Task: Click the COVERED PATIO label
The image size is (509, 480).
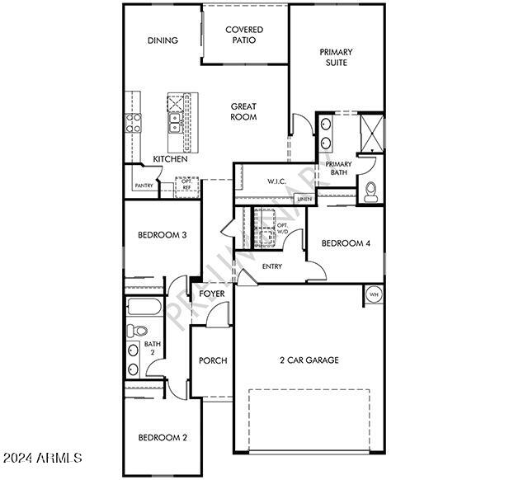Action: (244, 35)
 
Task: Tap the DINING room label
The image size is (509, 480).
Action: (163, 40)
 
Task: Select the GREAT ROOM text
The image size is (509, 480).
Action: (243, 111)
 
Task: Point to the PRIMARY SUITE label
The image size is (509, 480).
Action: (336, 57)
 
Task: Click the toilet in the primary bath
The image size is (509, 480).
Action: (370, 192)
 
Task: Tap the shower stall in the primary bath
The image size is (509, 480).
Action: (372, 133)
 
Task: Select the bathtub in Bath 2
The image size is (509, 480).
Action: (144, 307)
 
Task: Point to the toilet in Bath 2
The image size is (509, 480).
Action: (136, 331)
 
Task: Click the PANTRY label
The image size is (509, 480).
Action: (144, 186)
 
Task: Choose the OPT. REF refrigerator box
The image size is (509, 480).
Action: (186, 187)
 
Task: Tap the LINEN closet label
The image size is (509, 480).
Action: (304, 199)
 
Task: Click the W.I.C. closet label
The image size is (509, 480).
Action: (277, 181)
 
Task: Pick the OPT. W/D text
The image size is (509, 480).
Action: (282, 228)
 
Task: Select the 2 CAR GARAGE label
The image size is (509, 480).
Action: (309, 360)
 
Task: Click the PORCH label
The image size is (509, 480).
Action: (213, 360)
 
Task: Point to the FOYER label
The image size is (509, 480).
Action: (212, 294)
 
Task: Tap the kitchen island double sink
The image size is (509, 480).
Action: (175, 123)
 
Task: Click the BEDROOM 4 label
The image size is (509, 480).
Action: (346, 243)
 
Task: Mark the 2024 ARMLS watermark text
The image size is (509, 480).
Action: (42, 458)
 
